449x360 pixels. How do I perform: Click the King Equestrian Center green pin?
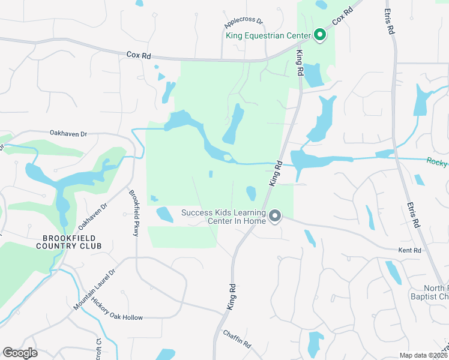point(320,35)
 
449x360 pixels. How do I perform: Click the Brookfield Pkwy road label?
point(134,213)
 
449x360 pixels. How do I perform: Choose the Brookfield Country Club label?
point(68,241)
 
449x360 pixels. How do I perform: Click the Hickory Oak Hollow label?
point(118,309)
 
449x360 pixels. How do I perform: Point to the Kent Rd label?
point(411,250)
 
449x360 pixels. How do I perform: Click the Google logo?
point(20,353)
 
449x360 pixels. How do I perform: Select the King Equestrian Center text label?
point(268,35)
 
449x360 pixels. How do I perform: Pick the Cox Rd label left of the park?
point(138,54)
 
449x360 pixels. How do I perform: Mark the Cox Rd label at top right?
point(340,15)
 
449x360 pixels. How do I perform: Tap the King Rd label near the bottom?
point(231,298)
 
